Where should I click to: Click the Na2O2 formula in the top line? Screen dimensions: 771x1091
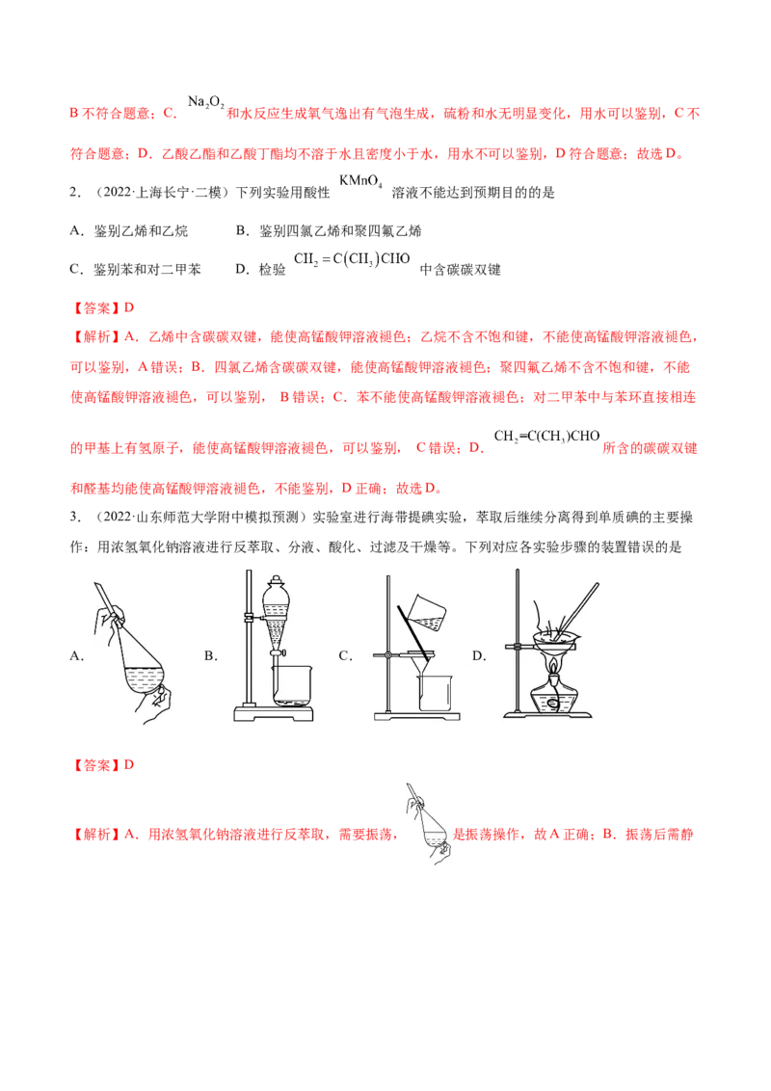206,103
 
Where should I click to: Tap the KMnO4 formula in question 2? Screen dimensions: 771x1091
360,181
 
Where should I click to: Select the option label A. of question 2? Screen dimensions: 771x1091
76,231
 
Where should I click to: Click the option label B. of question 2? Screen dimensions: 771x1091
242,231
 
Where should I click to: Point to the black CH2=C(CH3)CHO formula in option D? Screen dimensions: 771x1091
352,259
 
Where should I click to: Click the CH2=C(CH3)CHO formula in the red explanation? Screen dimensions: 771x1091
547,437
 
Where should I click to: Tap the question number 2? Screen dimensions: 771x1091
75,192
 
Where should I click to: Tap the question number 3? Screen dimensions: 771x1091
75,517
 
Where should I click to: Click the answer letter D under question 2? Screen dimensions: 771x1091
129,307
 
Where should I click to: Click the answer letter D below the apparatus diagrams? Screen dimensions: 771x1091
129,764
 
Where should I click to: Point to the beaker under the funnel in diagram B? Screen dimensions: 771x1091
292,686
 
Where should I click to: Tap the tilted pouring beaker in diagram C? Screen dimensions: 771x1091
427,612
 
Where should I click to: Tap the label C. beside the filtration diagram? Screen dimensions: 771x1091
346,655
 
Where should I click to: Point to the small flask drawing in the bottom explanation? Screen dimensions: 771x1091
427,824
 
